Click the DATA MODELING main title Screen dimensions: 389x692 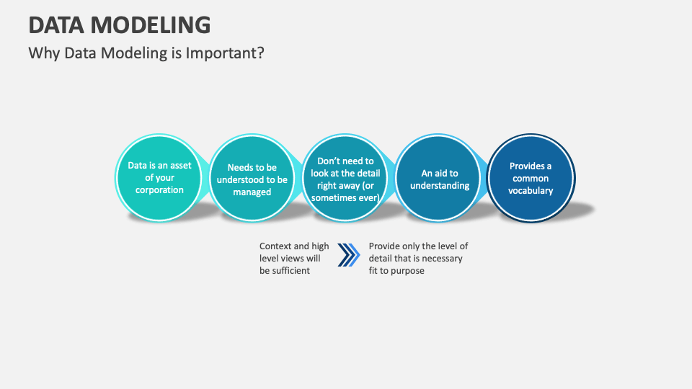[120, 24]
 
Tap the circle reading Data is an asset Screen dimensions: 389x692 [159, 177]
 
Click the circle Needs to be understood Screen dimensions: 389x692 [252, 179]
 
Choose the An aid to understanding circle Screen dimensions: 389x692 [439, 179]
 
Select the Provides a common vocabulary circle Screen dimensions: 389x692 [531, 178]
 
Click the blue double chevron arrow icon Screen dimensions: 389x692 [349, 255]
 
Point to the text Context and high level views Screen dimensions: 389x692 [294, 258]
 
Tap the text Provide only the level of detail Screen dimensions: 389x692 [418, 258]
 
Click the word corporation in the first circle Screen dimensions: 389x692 [159, 190]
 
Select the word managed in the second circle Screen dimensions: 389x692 [252, 192]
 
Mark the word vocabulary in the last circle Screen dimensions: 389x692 [531, 191]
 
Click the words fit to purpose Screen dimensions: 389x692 [396, 271]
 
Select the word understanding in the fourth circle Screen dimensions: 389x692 [440, 186]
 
